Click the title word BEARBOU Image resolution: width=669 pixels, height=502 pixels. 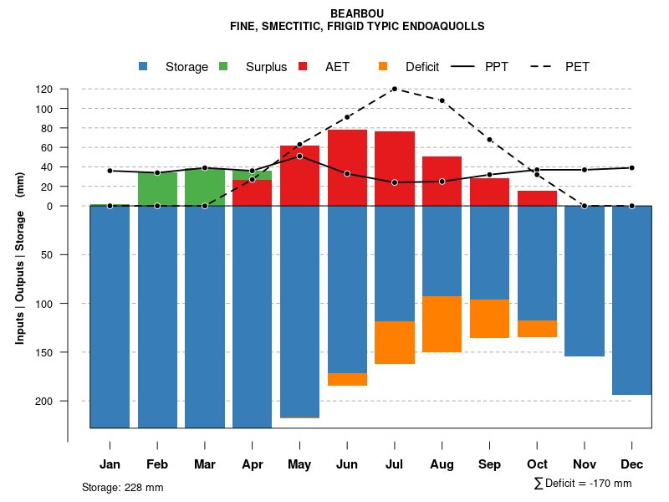click(x=357, y=13)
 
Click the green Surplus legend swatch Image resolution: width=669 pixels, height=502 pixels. click(x=224, y=67)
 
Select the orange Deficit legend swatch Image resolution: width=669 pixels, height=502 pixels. click(x=383, y=67)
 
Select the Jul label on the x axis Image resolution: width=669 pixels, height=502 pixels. click(x=394, y=464)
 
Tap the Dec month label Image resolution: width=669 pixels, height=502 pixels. click(x=631, y=464)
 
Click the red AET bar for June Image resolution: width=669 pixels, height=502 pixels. click(x=347, y=167)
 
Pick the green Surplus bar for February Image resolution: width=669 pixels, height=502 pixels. click(x=157, y=189)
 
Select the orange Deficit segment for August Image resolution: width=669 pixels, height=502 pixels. click(x=442, y=324)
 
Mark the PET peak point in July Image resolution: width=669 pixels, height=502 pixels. click(x=394, y=89)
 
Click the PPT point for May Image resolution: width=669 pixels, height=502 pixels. click(x=299, y=156)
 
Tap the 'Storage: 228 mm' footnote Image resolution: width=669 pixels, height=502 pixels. click(x=123, y=487)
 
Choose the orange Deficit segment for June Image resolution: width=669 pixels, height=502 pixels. click(x=347, y=379)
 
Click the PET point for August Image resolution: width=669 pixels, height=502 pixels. click(x=442, y=100)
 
